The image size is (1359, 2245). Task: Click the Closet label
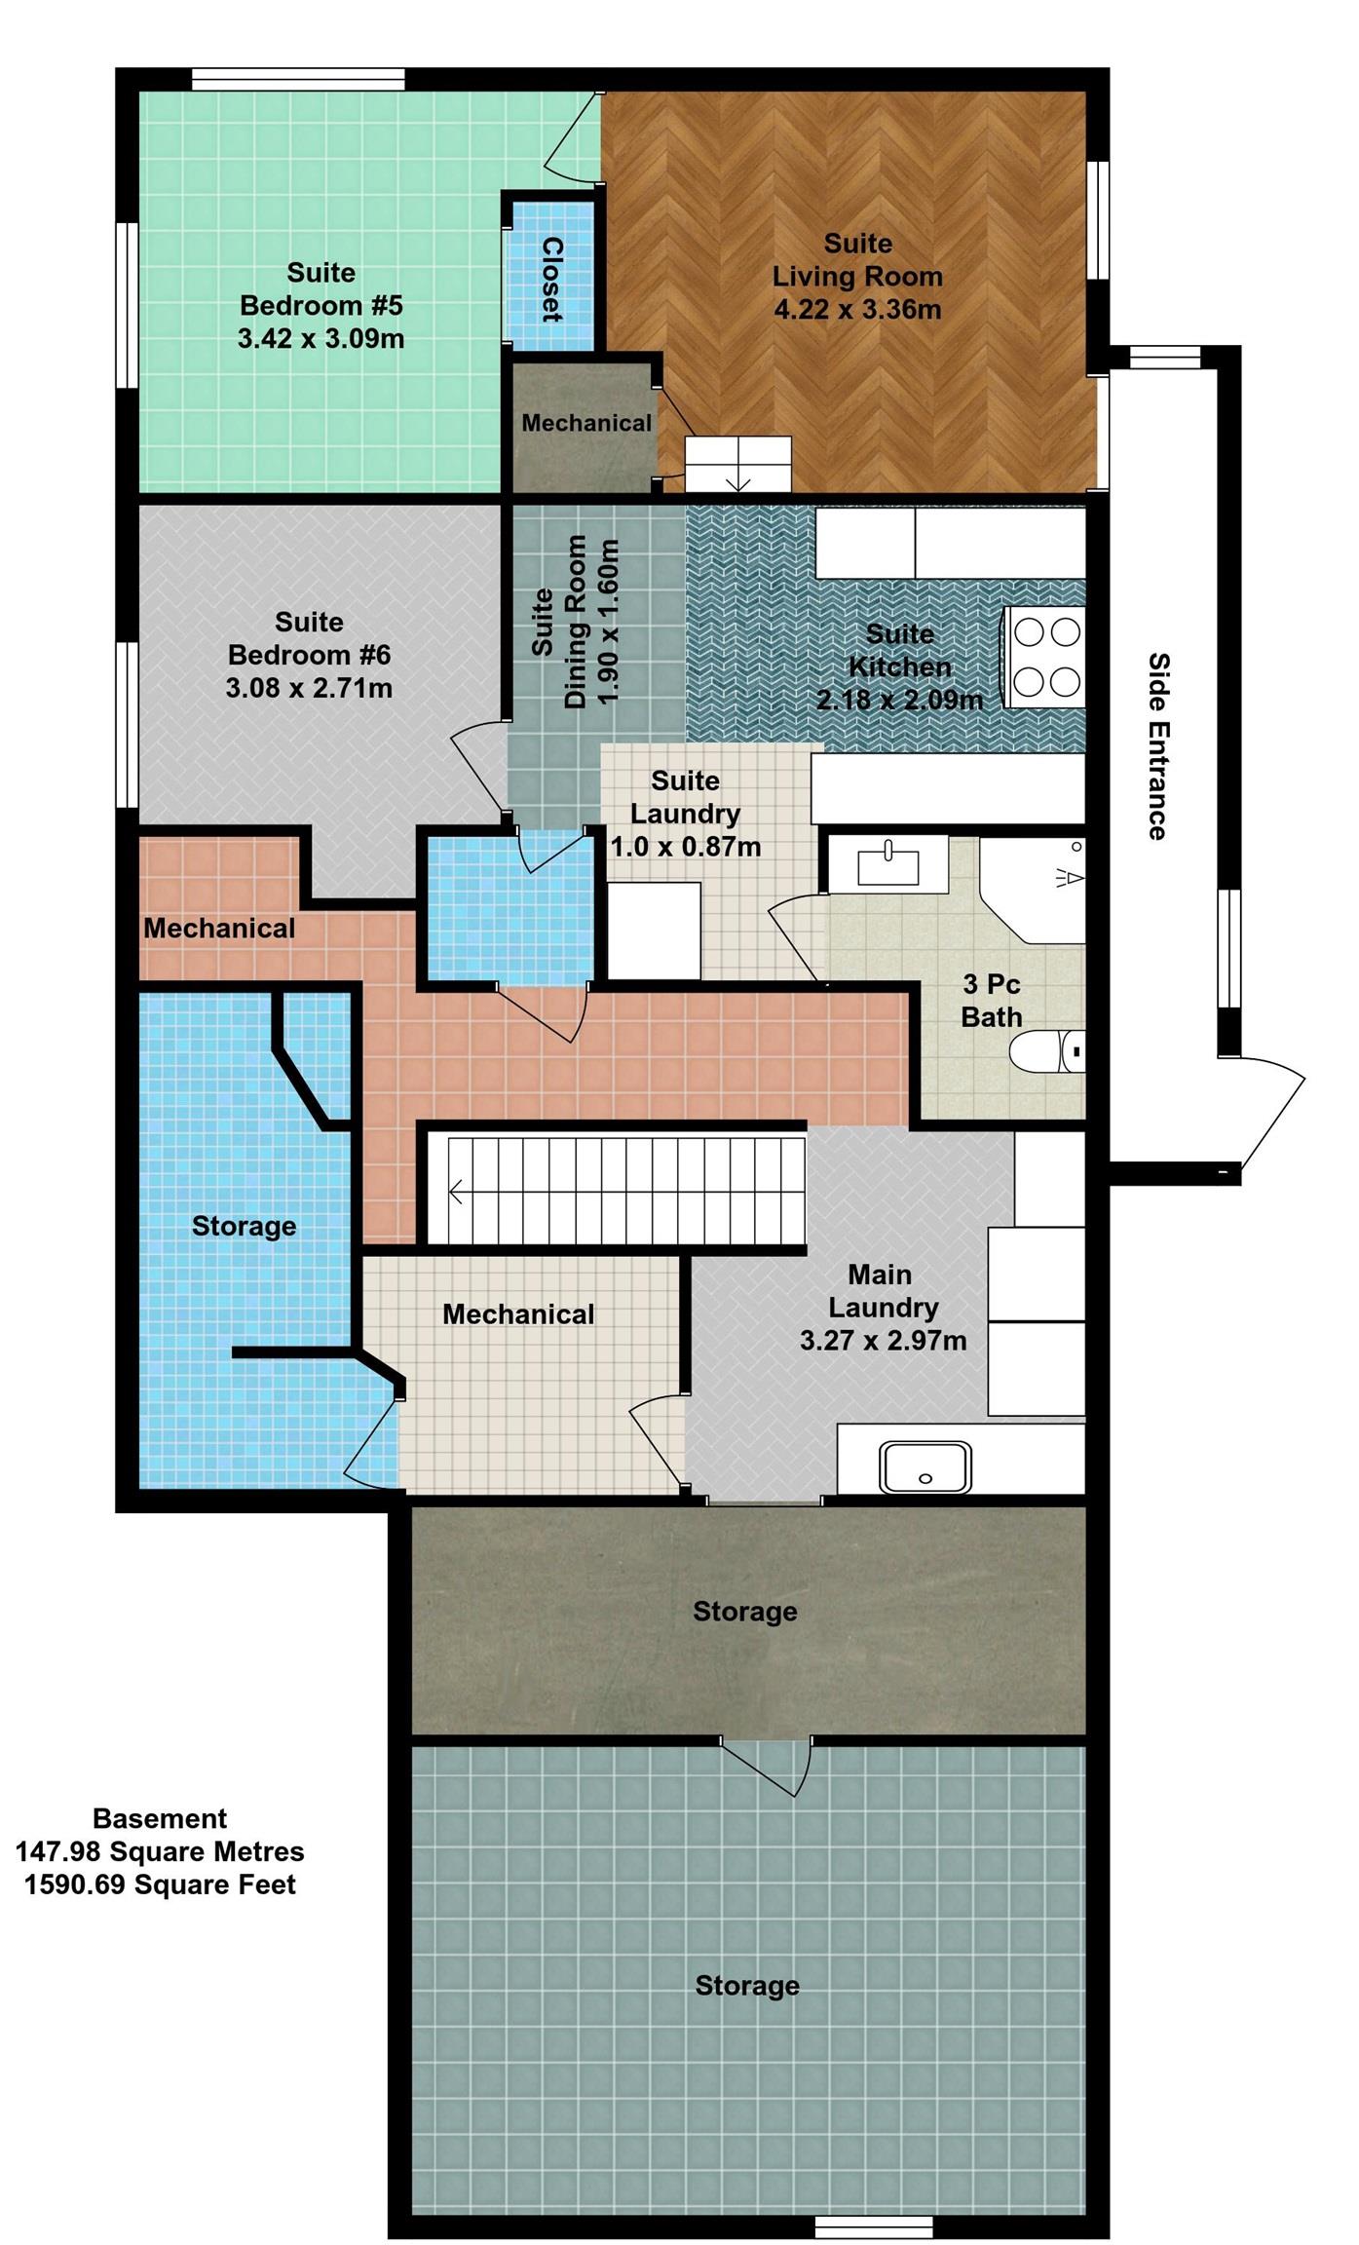point(552,279)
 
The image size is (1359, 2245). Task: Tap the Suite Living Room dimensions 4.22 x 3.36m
point(857,310)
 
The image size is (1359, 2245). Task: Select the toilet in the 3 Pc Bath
point(1047,1051)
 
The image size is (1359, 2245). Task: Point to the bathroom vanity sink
point(887,863)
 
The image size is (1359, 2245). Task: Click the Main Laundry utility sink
point(925,1466)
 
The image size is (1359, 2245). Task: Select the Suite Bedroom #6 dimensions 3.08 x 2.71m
point(309,689)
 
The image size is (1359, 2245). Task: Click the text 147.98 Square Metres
point(160,1851)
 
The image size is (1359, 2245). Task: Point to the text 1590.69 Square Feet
point(160,1884)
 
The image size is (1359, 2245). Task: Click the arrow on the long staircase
point(456,1190)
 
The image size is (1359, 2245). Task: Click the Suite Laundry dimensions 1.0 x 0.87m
point(685,847)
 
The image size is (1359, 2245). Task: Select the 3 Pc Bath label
point(991,1001)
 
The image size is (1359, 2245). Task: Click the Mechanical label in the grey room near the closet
point(586,423)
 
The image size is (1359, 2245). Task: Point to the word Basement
point(160,1818)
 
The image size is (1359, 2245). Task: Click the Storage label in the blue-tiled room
point(244,1226)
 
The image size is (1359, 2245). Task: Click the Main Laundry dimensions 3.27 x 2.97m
point(883,1341)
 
